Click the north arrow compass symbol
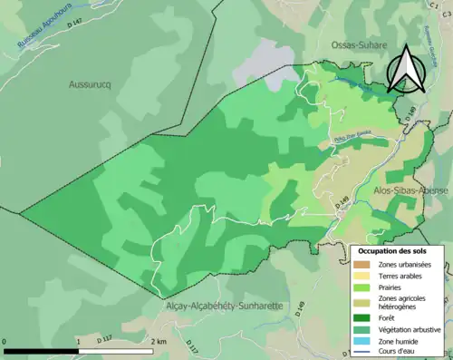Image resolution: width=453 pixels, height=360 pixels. point(405,69)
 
